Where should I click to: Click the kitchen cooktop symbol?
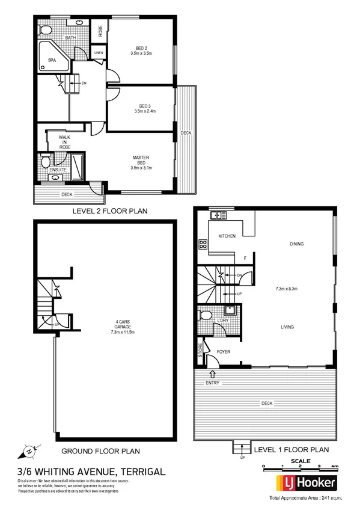click(x=203, y=245)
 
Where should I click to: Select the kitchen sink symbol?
click(x=216, y=215)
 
